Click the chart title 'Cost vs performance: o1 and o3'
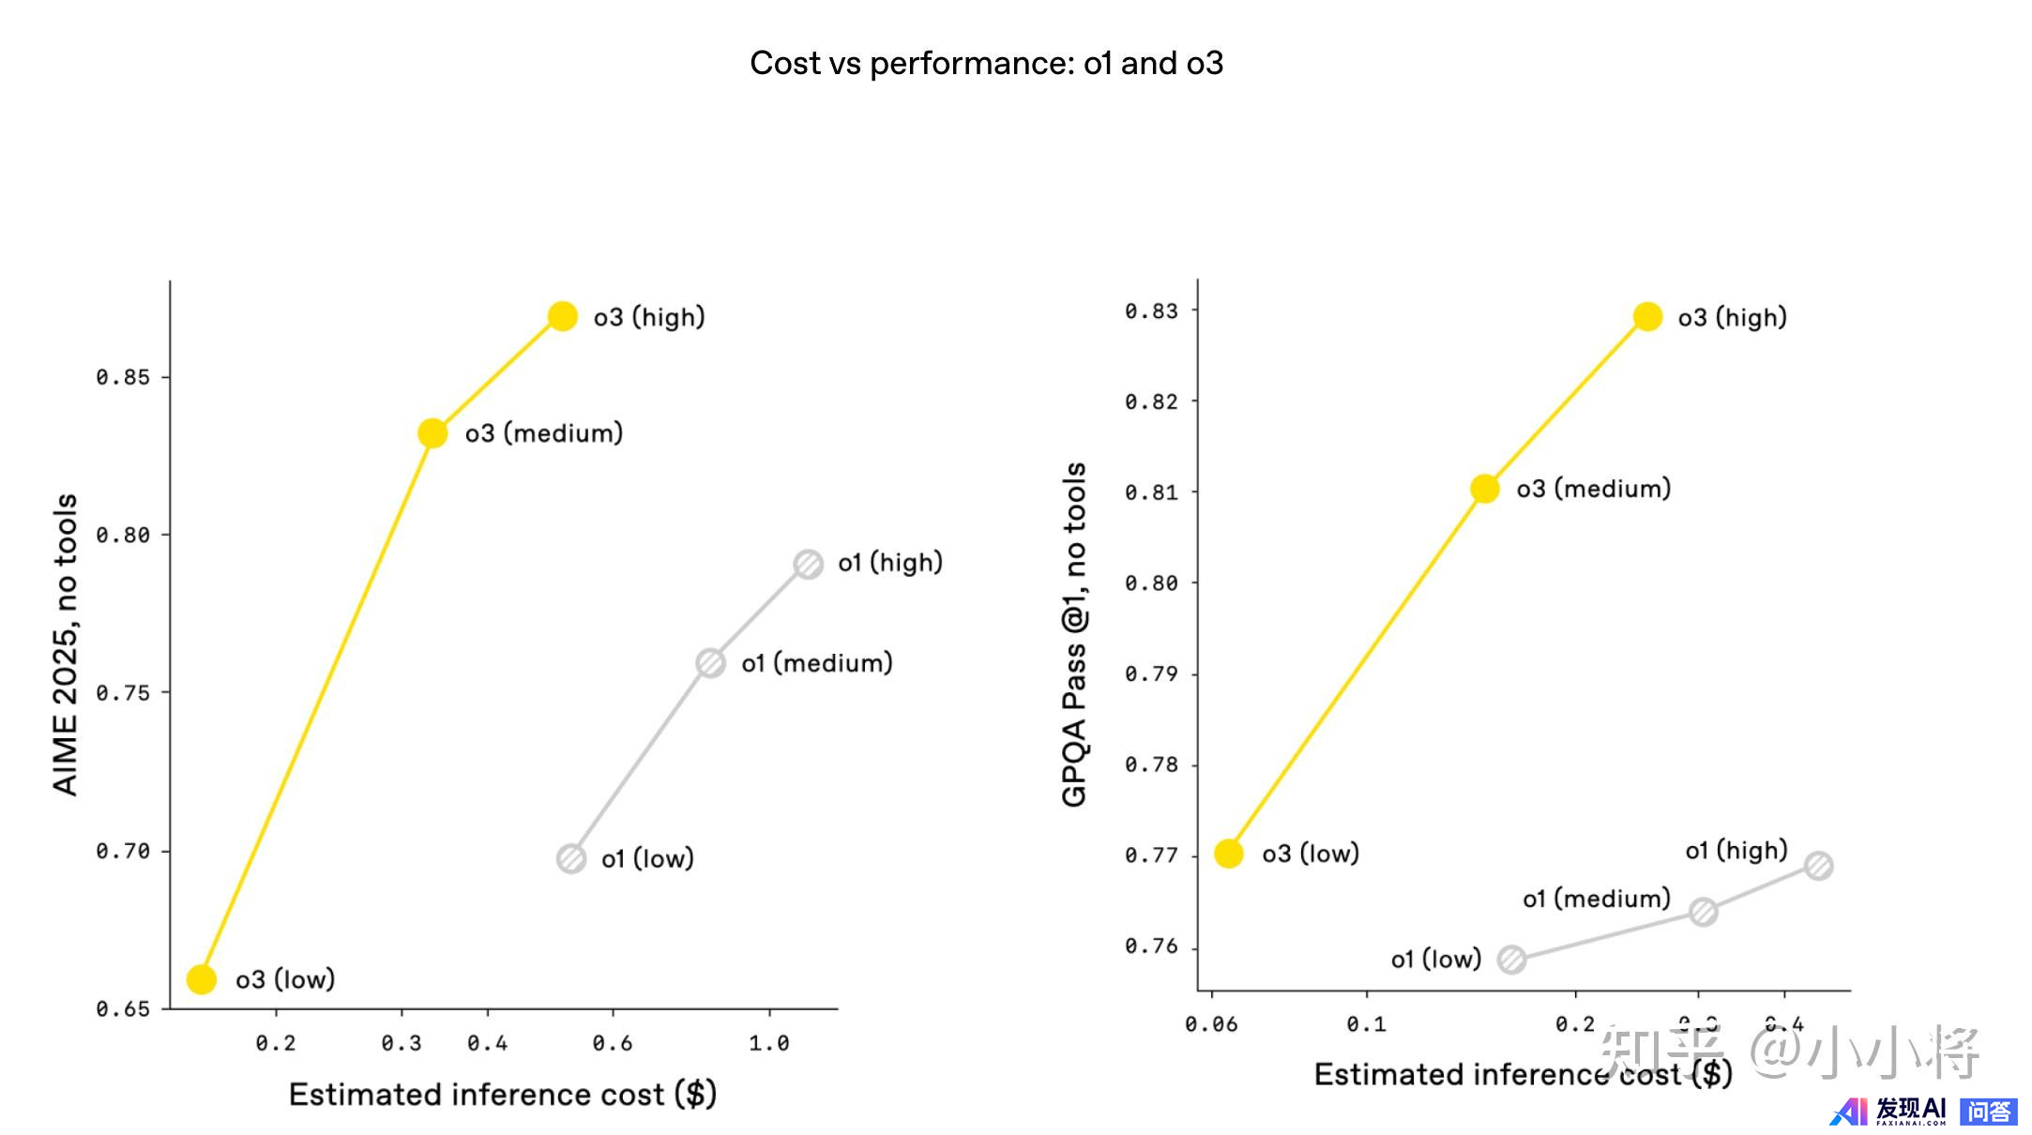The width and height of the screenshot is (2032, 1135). [x=986, y=63]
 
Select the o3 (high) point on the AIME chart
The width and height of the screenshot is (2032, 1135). [x=563, y=316]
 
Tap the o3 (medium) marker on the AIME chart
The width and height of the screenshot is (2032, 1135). [x=432, y=433]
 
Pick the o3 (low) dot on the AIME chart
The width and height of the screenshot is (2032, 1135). [x=202, y=979]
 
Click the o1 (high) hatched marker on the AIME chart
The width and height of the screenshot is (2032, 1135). [x=808, y=564]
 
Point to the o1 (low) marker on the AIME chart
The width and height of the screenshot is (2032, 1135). [x=571, y=858]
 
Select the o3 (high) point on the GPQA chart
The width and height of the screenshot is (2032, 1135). [x=1647, y=317]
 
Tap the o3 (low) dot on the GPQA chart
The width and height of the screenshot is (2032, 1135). [x=1229, y=854]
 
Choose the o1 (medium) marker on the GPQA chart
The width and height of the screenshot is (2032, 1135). [x=1704, y=912]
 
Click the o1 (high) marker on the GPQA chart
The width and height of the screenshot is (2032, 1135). [x=1818, y=866]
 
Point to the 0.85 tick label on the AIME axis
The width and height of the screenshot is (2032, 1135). [x=123, y=377]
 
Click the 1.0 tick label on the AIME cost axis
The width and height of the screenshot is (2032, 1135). [x=769, y=1043]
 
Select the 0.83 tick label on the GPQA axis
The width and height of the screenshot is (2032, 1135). [x=1151, y=310]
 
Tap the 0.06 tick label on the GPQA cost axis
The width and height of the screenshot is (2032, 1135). [x=1211, y=1024]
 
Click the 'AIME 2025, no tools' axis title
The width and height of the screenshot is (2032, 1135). [x=65, y=644]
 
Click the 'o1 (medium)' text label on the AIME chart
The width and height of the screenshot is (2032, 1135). [x=816, y=663]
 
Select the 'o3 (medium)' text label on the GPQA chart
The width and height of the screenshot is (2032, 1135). [x=1593, y=489]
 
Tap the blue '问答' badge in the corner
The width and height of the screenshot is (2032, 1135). [x=1988, y=1112]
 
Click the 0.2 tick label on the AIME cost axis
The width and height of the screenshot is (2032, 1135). [x=276, y=1043]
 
